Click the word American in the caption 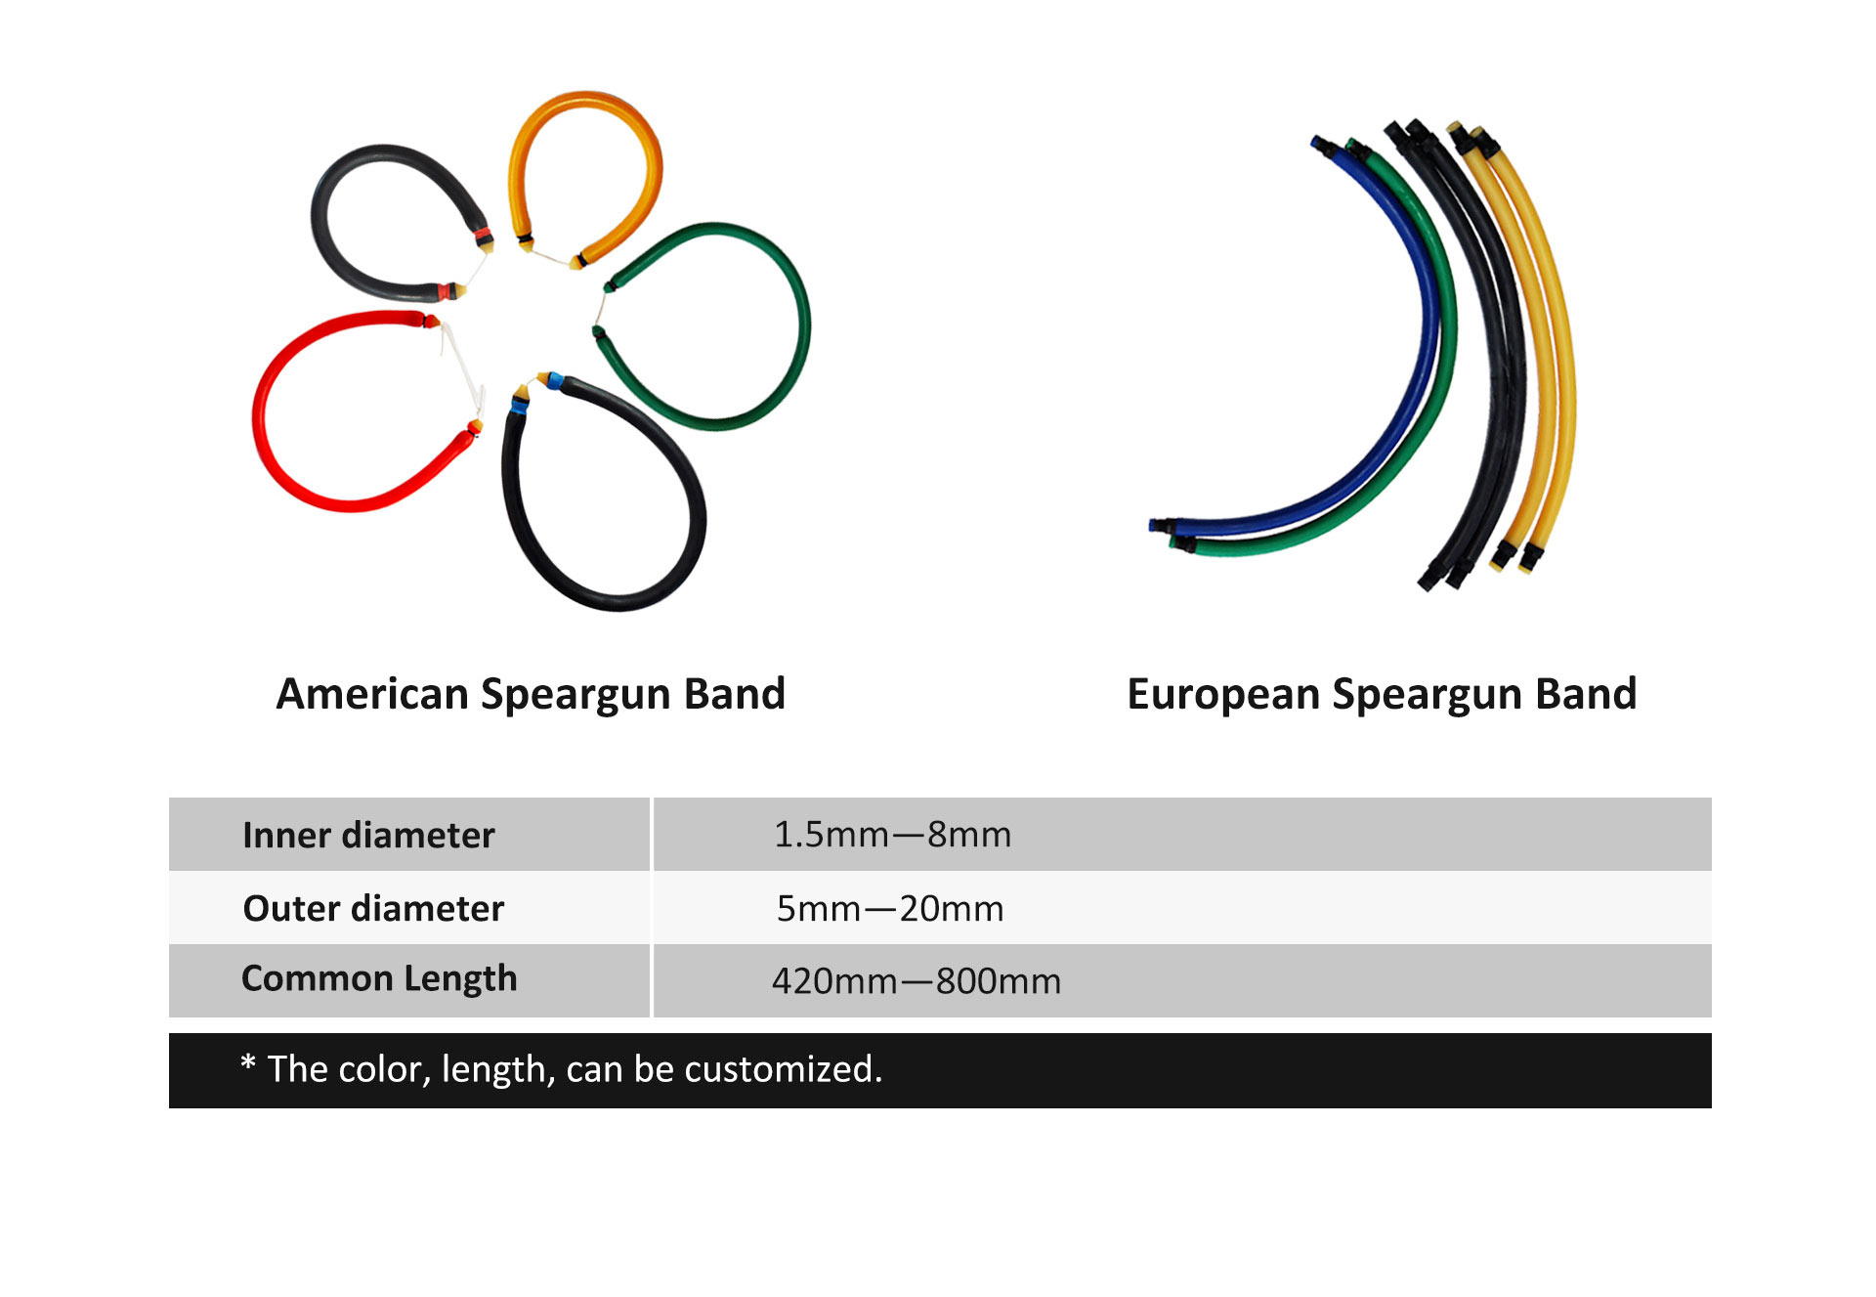click(x=372, y=694)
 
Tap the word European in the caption click(x=1223, y=694)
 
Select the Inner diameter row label click(x=368, y=836)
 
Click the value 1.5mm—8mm click(x=892, y=835)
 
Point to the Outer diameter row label click(x=373, y=908)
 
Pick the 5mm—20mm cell click(x=890, y=909)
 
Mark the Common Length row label click(x=379, y=979)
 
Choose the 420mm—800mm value click(x=917, y=981)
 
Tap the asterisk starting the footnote click(x=248, y=1062)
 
